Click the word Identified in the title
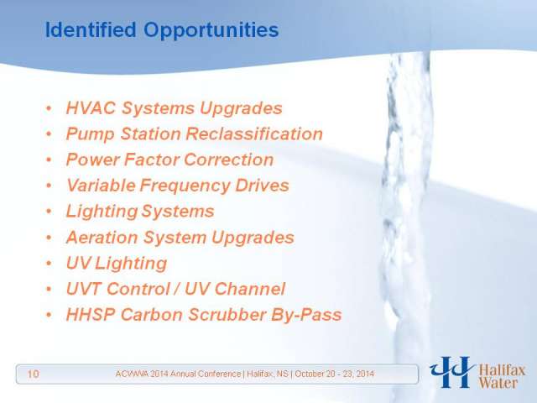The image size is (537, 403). click(91, 29)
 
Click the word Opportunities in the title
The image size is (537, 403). click(211, 31)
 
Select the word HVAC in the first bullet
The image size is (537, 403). click(91, 108)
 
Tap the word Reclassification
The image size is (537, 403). click(254, 133)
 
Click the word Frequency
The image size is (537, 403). click(185, 186)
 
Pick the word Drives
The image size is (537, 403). click(262, 186)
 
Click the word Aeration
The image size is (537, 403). click(102, 237)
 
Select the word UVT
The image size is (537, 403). click(84, 289)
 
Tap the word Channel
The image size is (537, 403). click(250, 289)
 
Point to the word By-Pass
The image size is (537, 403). click(306, 315)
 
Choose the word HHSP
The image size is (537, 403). click(91, 314)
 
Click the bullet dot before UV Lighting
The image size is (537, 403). click(49, 263)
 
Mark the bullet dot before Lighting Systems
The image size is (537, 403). click(49, 211)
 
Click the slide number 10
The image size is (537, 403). click(33, 374)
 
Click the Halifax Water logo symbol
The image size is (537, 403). click(451, 372)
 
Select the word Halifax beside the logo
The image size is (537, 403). click(502, 370)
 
